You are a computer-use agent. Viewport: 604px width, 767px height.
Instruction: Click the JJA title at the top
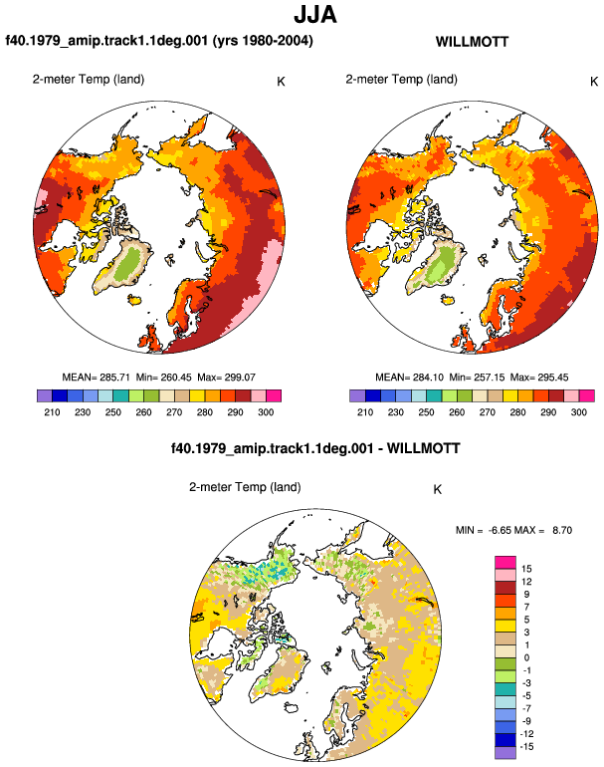tap(315, 14)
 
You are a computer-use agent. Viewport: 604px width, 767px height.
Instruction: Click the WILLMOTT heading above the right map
tap(472, 42)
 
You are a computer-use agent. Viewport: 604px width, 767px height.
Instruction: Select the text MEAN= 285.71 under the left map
tap(96, 378)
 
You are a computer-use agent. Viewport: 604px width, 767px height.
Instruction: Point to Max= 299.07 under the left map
tap(226, 378)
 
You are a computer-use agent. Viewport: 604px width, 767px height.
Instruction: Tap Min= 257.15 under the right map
tap(477, 378)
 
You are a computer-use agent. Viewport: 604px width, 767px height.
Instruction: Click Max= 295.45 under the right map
tap(539, 378)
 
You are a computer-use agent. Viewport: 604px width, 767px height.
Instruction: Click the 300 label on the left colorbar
tap(266, 412)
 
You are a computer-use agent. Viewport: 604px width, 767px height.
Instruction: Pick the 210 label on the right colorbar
tap(365, 412)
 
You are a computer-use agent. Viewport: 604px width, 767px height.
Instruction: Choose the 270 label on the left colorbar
tap(174, 412)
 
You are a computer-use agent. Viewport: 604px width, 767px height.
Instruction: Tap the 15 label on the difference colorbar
tap(526, 569)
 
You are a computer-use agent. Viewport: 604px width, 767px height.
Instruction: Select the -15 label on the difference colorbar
tap(526, 746)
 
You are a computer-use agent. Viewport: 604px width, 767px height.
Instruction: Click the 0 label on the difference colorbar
tap(526, 657)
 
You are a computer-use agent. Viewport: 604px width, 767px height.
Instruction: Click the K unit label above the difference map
tap(438, 490)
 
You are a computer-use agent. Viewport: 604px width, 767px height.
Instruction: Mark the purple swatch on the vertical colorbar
tap(505, 752)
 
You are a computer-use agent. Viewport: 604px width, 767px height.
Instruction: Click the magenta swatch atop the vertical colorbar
tap(505, 562)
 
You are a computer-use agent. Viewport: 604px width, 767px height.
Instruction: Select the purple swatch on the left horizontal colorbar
tap(45, 395)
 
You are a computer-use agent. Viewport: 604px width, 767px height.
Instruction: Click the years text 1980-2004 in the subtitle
tap(273, 41)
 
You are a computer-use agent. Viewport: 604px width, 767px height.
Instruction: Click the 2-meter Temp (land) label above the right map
tap(402, 80)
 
